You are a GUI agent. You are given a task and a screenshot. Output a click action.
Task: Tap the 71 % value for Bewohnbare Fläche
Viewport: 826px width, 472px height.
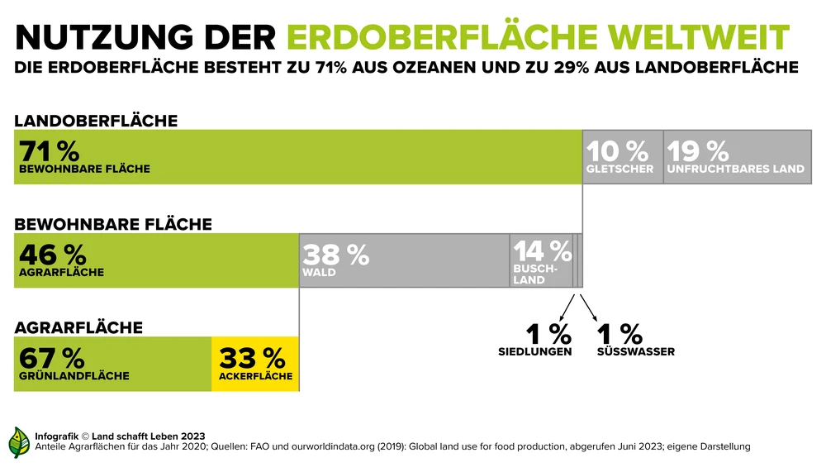[x=49, y=151]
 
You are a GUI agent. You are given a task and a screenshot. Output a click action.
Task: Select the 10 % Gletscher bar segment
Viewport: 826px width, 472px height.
[x=622, y=156]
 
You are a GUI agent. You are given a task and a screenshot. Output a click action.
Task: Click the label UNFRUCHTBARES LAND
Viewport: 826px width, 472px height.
[x=735, y=169]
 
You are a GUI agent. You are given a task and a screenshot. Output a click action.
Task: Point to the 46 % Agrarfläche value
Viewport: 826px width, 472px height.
[x=51, y=255]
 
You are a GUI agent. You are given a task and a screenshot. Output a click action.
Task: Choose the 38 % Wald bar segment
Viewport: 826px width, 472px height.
[x=404, y=260]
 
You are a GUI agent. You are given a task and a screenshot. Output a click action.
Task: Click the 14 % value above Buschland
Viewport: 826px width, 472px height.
[x=542, y=250]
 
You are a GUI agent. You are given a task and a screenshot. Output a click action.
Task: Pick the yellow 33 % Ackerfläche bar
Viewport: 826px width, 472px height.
[x=254, y=364]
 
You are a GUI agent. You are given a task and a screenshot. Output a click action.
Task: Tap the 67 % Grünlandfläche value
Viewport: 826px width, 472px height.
[x=51, y=358]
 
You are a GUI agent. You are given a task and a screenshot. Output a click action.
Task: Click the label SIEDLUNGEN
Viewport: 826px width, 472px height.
[x=534, y=352]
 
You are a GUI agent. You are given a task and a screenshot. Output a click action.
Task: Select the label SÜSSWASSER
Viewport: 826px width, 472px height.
[x=635, y=352]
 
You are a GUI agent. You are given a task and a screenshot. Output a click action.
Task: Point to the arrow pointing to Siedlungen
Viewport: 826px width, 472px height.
[x=566, y=307]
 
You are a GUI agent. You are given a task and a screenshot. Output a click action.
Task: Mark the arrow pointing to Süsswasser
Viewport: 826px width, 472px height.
[x=589, y=307]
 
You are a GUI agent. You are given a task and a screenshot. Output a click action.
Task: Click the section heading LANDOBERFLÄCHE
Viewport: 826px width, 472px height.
[x=96, y=121]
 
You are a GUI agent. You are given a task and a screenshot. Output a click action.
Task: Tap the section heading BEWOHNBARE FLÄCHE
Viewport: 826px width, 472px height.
[x=113, y=224]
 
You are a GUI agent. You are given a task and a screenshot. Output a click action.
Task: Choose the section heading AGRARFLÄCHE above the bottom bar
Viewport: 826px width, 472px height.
[x=78, y=327]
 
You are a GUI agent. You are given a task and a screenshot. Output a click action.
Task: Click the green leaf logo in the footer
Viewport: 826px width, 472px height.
[x=19, y=442]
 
